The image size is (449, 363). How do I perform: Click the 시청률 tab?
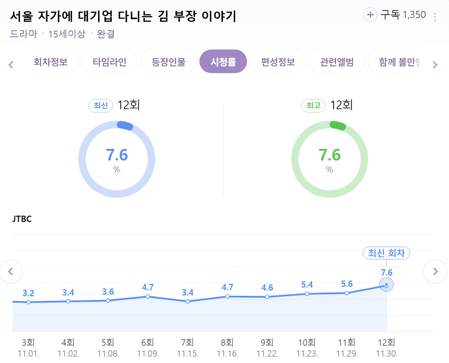(x=223, y=61)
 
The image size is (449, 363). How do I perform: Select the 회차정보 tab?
(x=51, y=61)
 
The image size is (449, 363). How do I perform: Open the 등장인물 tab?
(x=168, y=61)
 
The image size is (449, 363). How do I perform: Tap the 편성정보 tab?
(x=278, y=61)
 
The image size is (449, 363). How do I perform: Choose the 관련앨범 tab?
(x=337, y=61)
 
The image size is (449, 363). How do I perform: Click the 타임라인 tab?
(x=109, y=61)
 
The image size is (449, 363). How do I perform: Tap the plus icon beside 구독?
(x=370, y=15)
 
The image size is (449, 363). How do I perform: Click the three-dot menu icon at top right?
(x=435, y=17)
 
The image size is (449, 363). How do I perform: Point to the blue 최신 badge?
(x=100, y=106)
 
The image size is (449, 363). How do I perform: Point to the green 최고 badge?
(x=313, y=106)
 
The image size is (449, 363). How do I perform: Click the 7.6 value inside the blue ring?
(x=117, y=155)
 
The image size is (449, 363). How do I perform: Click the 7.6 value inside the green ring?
(x=329, y=155)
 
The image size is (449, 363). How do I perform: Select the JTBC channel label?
(x=22, y=219)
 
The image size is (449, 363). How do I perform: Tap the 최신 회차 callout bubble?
(x=386, y=253)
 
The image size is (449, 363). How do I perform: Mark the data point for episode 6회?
(x=148, y=297)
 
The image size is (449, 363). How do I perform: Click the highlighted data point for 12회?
(x=386, y=285)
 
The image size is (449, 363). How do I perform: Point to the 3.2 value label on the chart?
(x=28, y=293)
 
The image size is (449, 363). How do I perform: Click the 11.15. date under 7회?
(x=187, y=353)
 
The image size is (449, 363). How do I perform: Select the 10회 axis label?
(x=307, y=342)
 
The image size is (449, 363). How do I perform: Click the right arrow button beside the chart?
(x=435, y=271)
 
